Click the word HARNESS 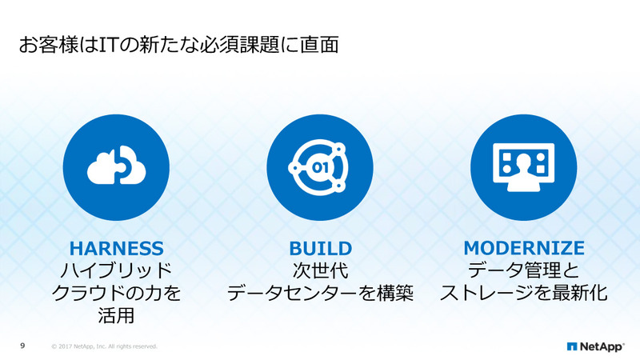point(117,248)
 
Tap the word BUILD point(320,248)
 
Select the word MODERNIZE point(524,248)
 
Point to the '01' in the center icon point(319,168)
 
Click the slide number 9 point(22,346)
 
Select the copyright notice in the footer point(104,346)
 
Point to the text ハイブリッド point(117,270)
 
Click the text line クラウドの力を point(117,292)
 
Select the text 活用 point(117,314)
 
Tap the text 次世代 point(320,270)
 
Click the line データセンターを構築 point(320,292)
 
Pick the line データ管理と point(524,270)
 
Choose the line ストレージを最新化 point(524,292)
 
